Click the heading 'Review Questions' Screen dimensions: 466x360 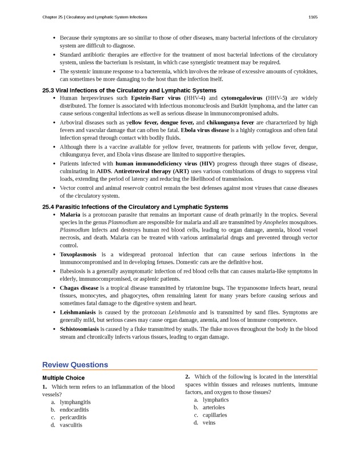click(x=75, y=365)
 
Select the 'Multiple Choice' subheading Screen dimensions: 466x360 click(x=63, y=378)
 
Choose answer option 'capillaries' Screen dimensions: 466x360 click(x=215, y=415)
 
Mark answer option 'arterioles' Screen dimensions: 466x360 click(x=214, y=408)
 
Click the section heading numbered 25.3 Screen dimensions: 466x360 click(x=129, y=90)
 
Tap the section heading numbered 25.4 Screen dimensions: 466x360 click(x=135, y=206)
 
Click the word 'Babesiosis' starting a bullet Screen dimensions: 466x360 click(x=74, y=271)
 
